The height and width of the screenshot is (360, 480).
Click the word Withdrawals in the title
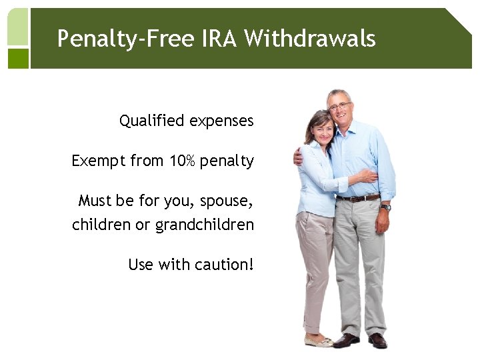coord(309,38)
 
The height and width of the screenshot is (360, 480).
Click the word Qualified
coord(151,121)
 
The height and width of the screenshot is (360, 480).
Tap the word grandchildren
coord(205,225)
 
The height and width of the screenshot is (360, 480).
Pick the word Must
coord(93,200)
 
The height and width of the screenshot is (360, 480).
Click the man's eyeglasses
coord(339,106)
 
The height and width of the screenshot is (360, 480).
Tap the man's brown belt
coord(358,197)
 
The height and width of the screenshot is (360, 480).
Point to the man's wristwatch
coord(386,207)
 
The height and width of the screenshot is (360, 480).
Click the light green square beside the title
coord(18,27)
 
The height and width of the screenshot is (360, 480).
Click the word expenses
coord(221,121)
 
